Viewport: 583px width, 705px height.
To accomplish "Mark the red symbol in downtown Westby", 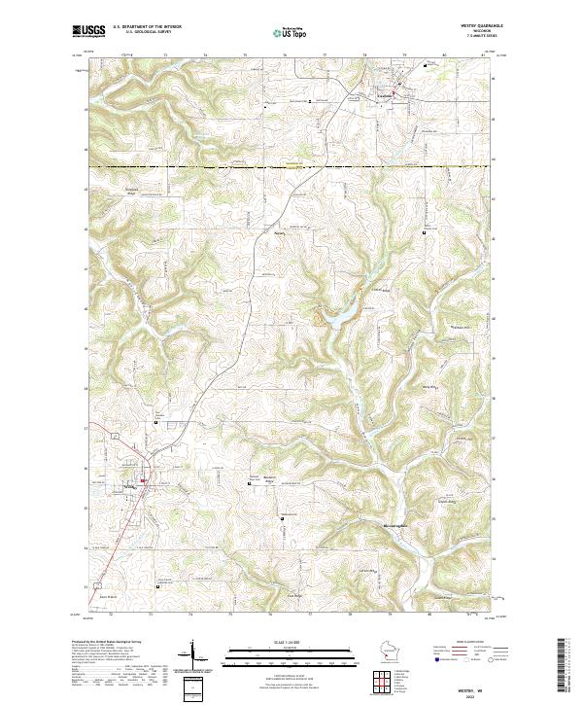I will pyautogui.click(x=143, y=480).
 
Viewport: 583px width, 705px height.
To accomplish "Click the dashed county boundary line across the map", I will pyautogui.click(x=291, y=167).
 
